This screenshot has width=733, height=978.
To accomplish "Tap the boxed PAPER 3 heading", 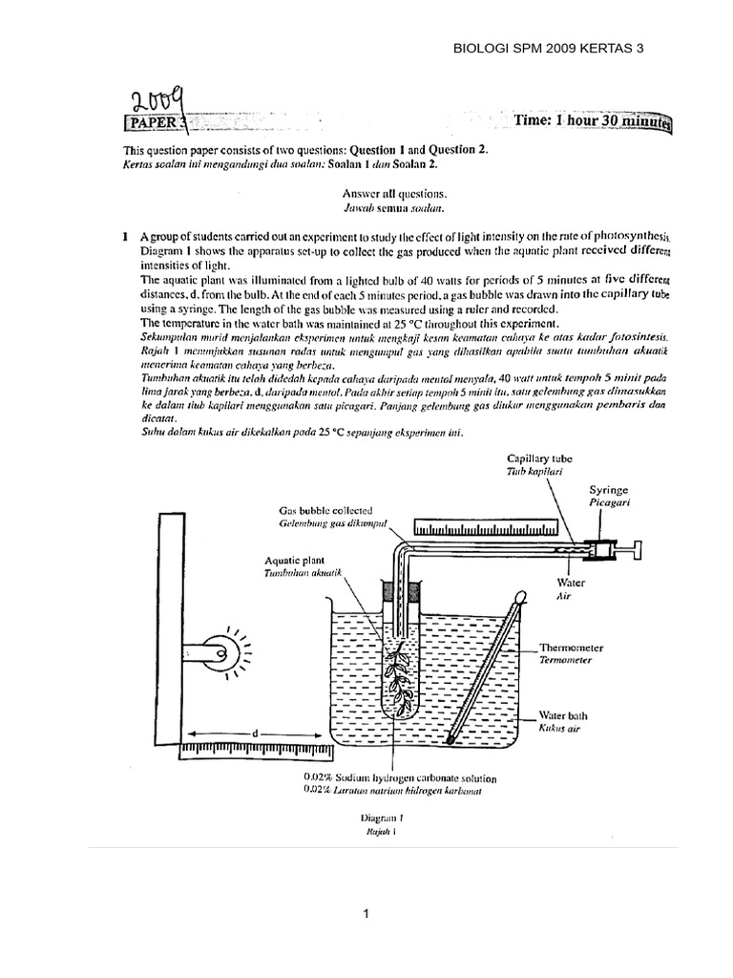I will pyautogui.click(x=158, y=122).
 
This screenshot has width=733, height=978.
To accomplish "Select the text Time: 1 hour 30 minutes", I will pyautogui.click(x=593, y=122).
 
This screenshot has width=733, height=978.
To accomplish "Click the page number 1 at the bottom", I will pyautogui.click(x=366, y=914).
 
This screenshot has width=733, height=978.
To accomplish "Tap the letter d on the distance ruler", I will pyautogui.click(x=255, y=733).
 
